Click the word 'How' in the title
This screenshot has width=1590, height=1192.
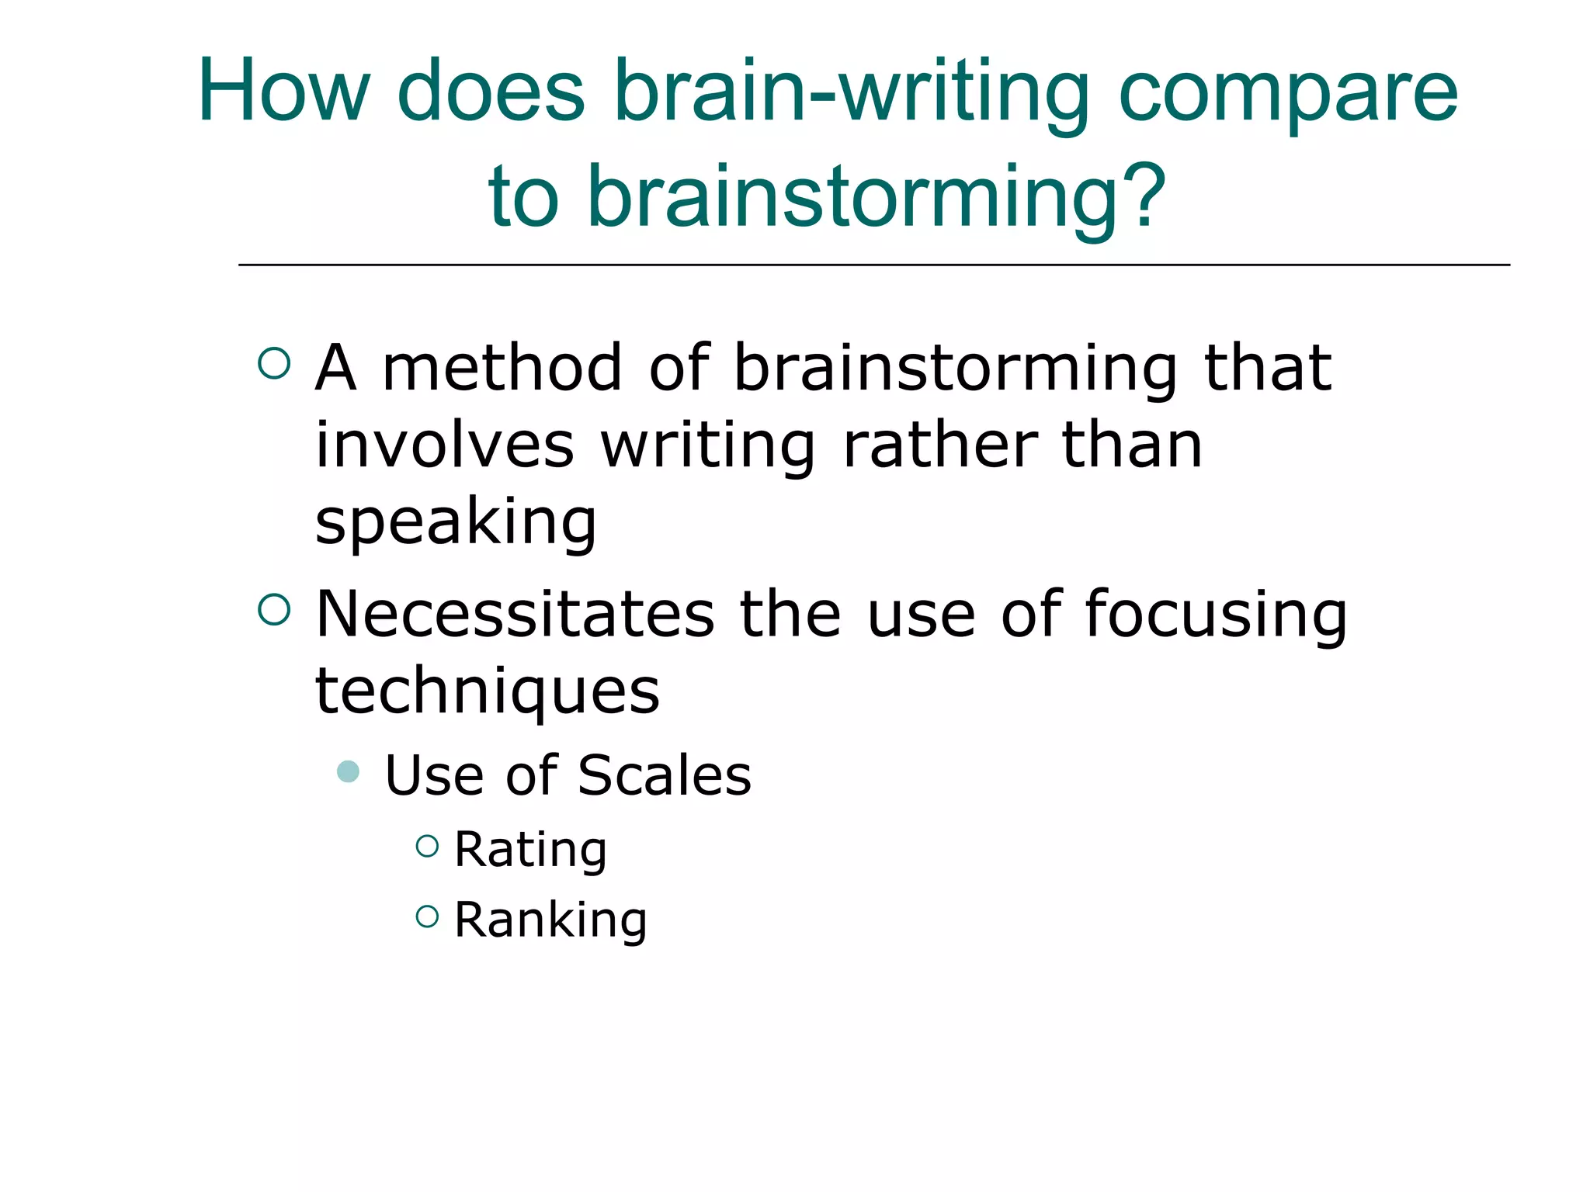tap(283, 91)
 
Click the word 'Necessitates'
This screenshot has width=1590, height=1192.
tap(515, 614)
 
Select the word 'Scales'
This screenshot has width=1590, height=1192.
tap(665, 775)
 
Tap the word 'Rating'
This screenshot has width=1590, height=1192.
tap(530, 851)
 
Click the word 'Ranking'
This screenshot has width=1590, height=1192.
tap(550, 921)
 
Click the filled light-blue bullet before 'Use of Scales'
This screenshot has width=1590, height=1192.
tap(349, 771)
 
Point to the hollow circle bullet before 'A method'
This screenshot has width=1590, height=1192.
tap(274, 362)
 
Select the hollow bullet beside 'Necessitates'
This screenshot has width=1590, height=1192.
tap(274, 609)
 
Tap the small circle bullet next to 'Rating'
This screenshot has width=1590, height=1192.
tap(427, 845)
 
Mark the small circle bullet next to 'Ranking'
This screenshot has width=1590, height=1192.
tap(427, 917)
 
